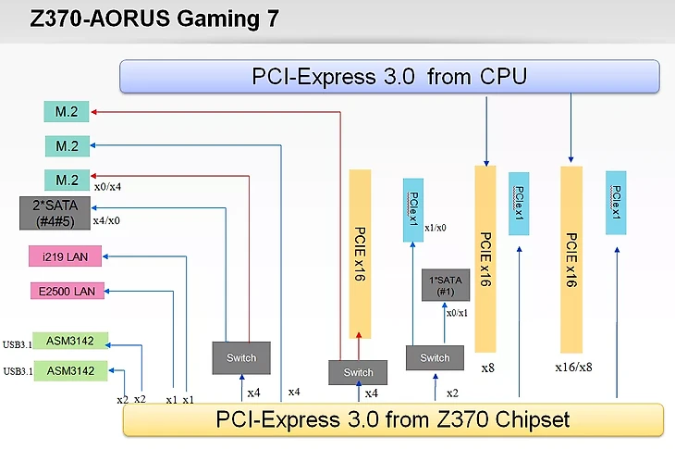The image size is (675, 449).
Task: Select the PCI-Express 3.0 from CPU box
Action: click(x=389, y=76)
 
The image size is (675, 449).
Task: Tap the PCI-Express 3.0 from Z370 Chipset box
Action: click(x=393, y=419)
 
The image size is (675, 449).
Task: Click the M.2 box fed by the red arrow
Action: click(x=67, y=113)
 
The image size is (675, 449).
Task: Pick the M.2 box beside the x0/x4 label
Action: click(x=67, y=180)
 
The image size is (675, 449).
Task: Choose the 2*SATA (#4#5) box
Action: click(x=55, y=213)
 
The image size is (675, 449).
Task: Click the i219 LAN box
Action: click(x=65, y=256)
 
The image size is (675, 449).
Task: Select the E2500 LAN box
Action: click(x=65, y=292)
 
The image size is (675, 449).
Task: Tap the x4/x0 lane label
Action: click(x=108, y=221)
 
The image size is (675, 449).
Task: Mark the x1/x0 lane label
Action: click(x=436, y=229)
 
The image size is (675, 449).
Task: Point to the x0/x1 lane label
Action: click(x=457, y=314)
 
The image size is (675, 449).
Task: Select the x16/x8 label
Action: click(x=573, y=368)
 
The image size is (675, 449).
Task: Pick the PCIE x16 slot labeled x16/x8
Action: click(x=571, y=258)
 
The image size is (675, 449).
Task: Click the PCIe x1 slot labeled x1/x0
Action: click(x=413, y=209)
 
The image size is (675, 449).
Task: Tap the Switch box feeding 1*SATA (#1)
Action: click(x=435, y=358)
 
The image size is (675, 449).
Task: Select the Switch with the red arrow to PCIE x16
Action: click(x=358, y=373)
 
